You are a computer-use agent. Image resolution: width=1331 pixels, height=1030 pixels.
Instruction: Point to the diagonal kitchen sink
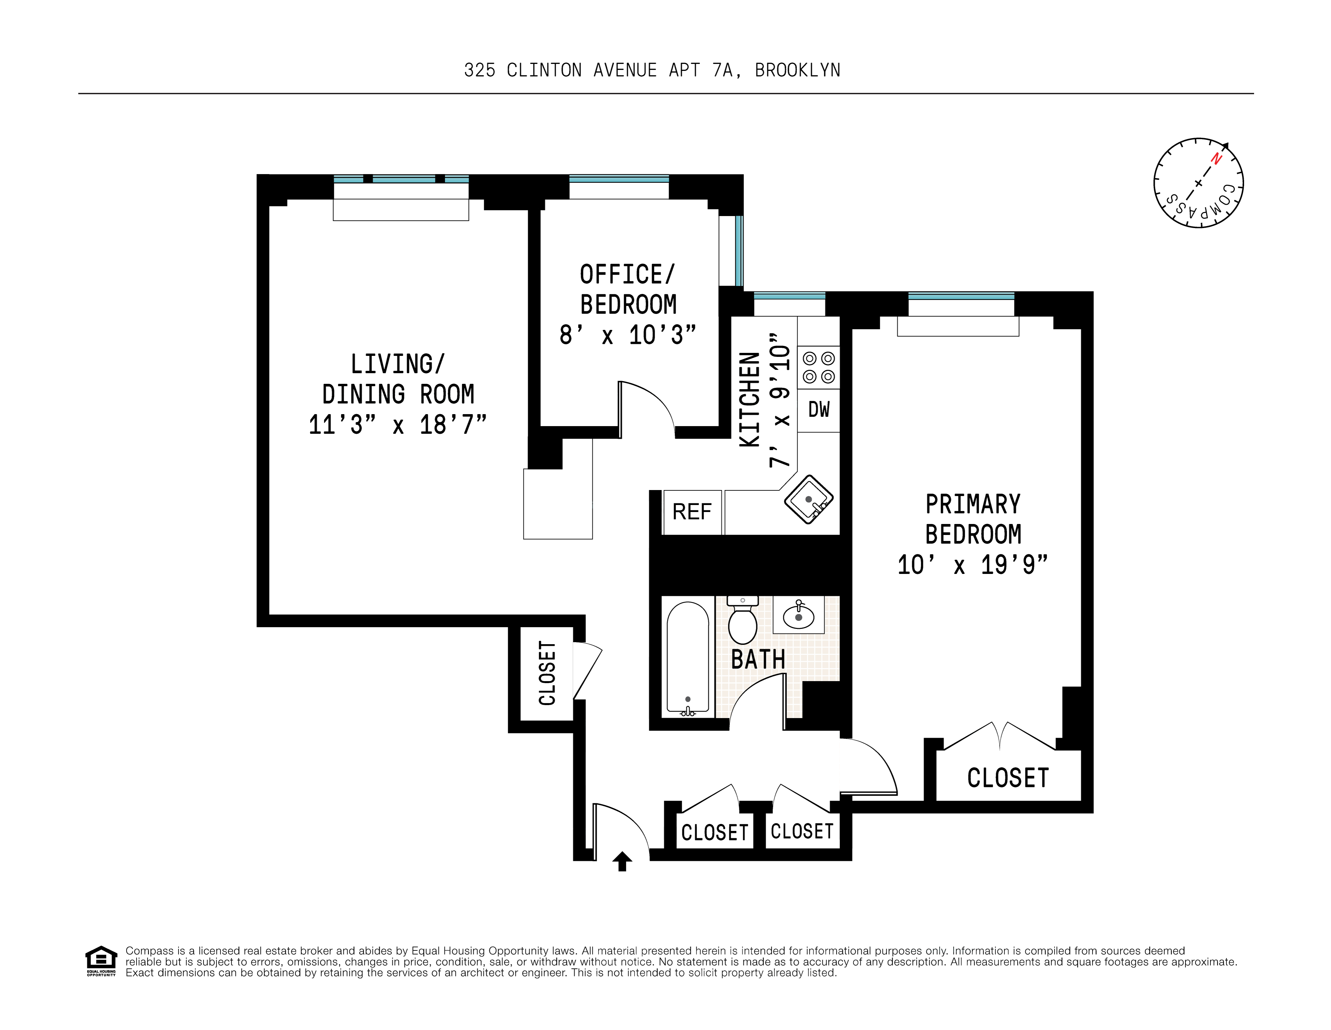click(x=808, y=499)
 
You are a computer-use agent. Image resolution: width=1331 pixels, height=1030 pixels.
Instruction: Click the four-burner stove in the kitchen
click(x=819, y=367)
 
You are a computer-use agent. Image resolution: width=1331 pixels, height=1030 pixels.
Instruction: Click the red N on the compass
click(x=1216, y=159)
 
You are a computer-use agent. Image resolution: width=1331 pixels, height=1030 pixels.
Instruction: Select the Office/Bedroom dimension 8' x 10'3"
click(x=628, y=335)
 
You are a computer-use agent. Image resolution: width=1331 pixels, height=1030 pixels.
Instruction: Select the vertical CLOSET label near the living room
click(x=547, y=673)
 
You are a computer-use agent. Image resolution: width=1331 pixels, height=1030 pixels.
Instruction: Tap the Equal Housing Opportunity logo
click(x=101, y=960)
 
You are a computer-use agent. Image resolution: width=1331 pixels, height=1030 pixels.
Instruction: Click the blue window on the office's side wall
click(x=739, y=251)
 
